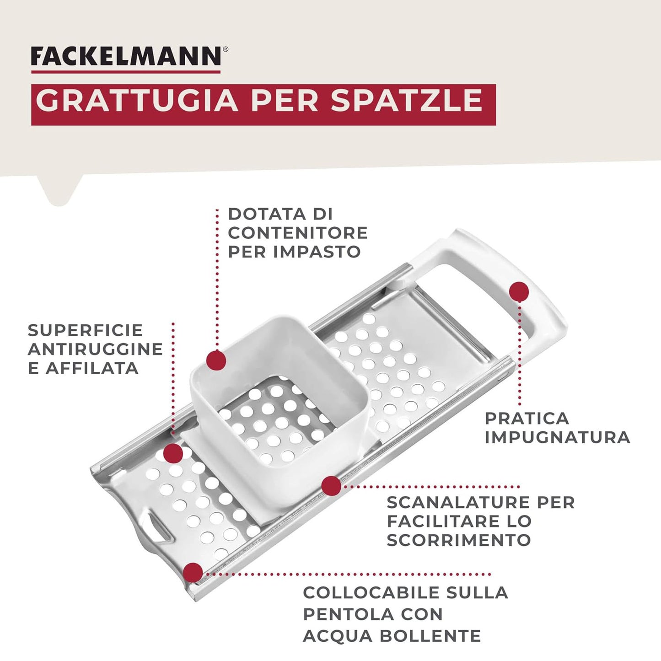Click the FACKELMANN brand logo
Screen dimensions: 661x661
126,57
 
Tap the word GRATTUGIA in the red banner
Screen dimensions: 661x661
136,101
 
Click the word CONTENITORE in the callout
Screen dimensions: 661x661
298,233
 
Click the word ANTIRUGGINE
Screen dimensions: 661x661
95,349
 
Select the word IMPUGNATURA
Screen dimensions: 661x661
557,437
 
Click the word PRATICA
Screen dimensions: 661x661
527,418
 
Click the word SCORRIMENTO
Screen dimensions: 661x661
458,540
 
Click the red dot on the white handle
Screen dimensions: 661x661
519,291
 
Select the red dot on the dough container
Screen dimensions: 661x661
216,360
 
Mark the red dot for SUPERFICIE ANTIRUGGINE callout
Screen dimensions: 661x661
173,452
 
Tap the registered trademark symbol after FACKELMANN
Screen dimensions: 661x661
225,49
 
